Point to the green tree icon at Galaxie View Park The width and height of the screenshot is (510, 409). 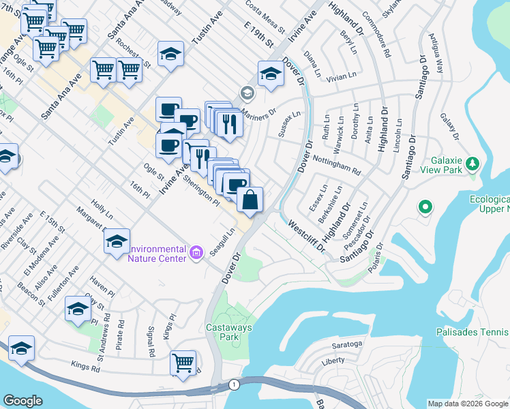click(x=471, y=163)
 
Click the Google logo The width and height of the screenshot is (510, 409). click(x=22, y=401)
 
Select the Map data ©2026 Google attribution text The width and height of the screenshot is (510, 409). click(x=468, y=404)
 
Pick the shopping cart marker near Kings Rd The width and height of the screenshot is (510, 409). click(x=183, y=363)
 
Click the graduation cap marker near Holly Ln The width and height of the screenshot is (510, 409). click(x=117, y=242)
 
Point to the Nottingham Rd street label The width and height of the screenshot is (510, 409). click(x=335, y=164)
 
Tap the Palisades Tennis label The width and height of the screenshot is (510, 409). click(x=472, y=332)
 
